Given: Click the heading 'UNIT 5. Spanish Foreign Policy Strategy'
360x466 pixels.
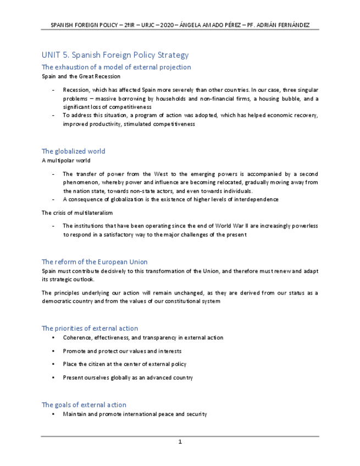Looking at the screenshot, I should pyautogui.click(x=115, y=55).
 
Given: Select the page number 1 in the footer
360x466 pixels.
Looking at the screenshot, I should pyautogui.click(x=180, y=442).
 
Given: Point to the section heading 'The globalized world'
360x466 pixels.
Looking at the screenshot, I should pyautogui.click(x=73, y=151).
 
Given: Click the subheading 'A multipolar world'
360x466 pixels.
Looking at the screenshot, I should pyautogui.click(x=66, y=160).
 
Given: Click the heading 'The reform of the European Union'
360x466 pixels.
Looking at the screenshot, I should pyautogui.click(x=95, y=262).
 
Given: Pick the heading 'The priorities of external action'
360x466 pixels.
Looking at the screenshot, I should pyautogui.click(x=90, y=328).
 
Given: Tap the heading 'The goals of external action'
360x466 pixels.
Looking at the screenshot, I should pyautogui.click(x=84, y=404).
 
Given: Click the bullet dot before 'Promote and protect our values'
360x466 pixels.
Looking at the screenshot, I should pyautogui.click(x=53, y=351).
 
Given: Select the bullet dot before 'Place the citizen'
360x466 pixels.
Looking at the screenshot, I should pyautogui.click(x=53, y=364).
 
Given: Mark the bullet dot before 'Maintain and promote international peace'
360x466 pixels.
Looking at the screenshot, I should pyautogui.click(x=53, y=414).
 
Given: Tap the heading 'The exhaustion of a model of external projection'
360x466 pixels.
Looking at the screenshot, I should pyautogui.click(x=116, y=67).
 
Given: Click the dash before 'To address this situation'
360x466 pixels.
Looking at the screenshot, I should pyautogui.click(x=53, y=115).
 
